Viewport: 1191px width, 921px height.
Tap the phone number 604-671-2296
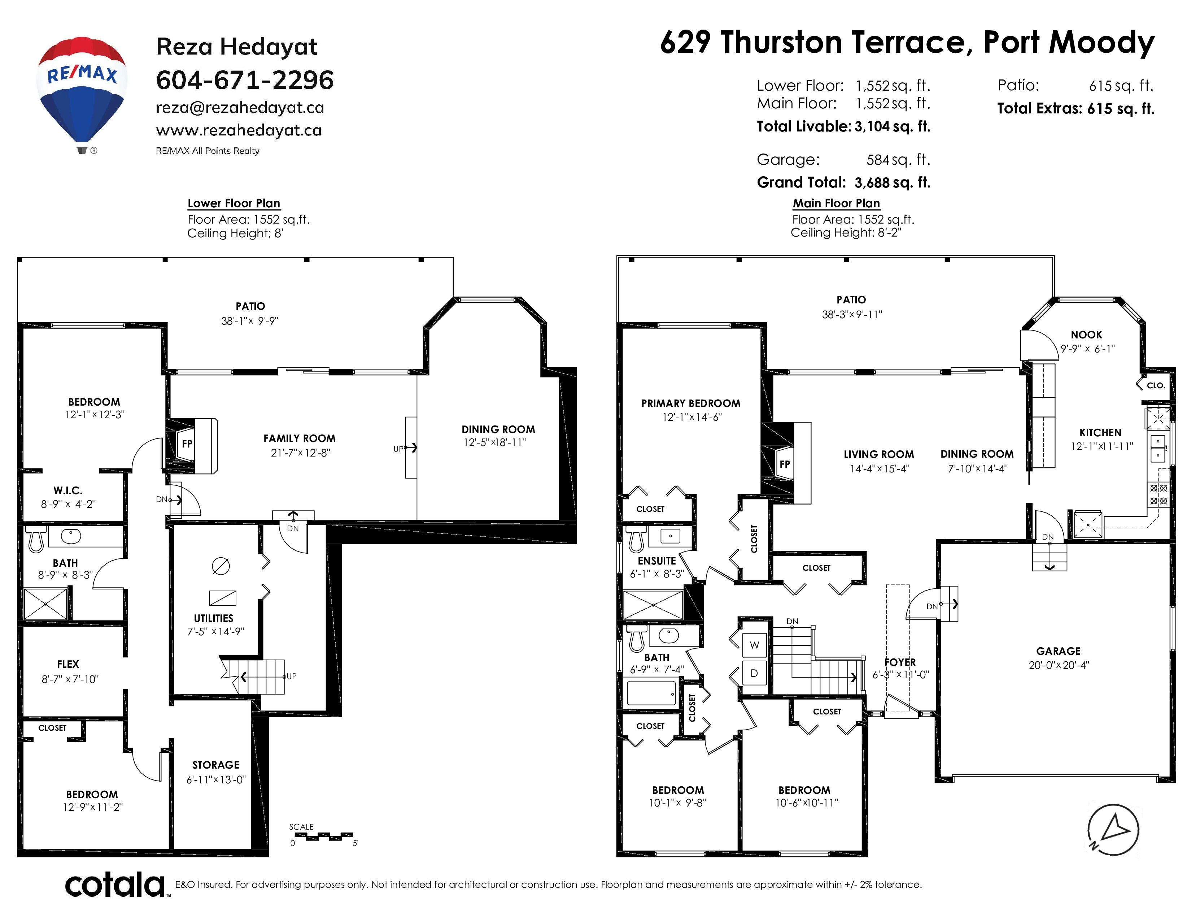(x=245, y=80)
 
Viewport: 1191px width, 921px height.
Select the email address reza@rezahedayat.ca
(x=240, y=108)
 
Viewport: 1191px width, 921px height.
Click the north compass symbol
(x=1113, y=829)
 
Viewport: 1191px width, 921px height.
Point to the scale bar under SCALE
(x=321, y=836)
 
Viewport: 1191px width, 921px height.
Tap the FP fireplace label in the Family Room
(x=187, y=444)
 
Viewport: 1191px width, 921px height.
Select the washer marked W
(x=755, y=645)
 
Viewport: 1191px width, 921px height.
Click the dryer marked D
(x=755, y=673)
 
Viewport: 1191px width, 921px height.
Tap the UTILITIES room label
(x=214, y=618)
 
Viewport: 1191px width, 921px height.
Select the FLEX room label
(x=68, y=664)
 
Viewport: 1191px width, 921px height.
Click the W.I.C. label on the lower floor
(x=68, y=490)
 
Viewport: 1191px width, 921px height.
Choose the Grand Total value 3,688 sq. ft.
(x=893, y=182)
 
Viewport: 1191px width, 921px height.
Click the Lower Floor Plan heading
(x=234, y=203)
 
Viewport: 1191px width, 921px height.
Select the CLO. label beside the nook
(x=1156, y=385)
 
